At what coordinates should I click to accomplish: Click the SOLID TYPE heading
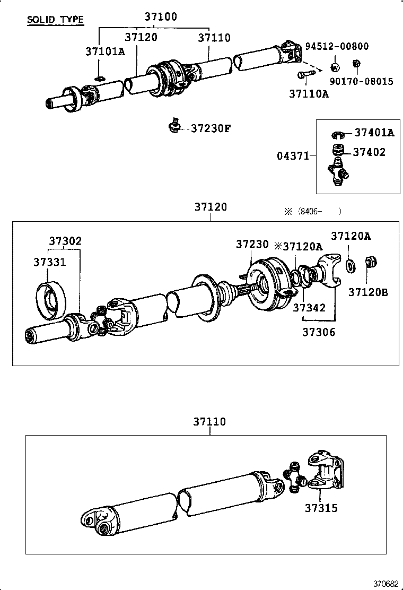click(x=55, y=20)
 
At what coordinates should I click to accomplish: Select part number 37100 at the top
click(x=160, y=17)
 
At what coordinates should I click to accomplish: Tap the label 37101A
click(x=105, y=51)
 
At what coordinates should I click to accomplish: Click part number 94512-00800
click(x=337, y=47)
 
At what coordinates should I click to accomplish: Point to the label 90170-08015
click(x=362, y=82)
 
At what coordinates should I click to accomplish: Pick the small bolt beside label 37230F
click(x=173, y=125)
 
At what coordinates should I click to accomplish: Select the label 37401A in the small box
click(x=374, y=133)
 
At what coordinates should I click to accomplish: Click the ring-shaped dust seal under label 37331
click(x=50, y=302)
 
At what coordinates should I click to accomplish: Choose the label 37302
click(x=65, y=241)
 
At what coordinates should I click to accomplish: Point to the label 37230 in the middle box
click(x=252, y=244)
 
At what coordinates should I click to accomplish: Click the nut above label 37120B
click(x=370, y=263)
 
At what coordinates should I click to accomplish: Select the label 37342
click(x=309, y=308)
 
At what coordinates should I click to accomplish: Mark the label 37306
click(x=319, y=332)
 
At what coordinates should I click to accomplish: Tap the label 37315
click(x=321, y=508)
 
